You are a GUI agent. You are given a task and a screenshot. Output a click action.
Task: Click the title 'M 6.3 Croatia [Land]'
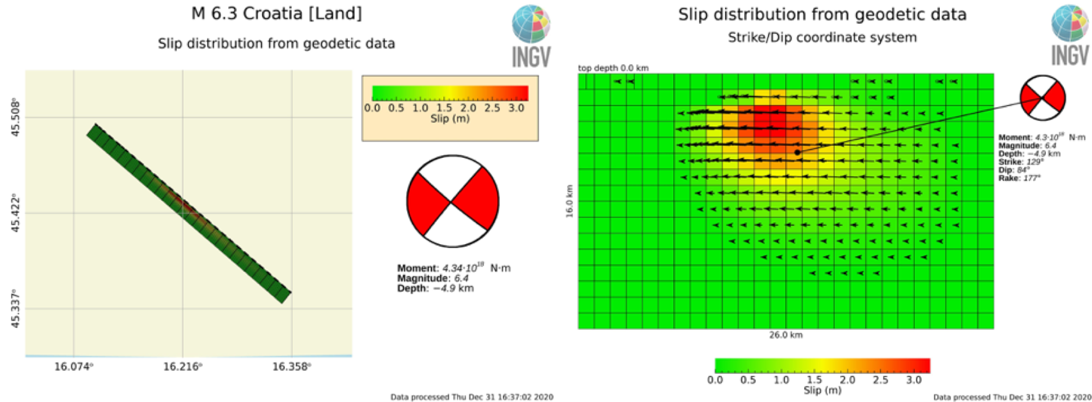click(276, 13)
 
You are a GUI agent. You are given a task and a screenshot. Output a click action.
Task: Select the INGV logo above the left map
click(531, 36)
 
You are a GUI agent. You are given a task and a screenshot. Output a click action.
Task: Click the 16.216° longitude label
click(183, 366)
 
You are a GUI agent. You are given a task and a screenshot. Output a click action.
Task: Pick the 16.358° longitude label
click(292, 366)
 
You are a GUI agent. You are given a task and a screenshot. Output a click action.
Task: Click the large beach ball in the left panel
click(453, 201)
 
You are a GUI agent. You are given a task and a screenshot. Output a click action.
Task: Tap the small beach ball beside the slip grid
click(1043, 98)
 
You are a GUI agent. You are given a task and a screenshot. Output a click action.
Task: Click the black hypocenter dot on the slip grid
click(797, 152)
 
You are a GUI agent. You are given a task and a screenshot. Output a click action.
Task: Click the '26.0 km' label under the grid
click(786, 335)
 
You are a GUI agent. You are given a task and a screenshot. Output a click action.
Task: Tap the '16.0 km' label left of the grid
click(569, 201)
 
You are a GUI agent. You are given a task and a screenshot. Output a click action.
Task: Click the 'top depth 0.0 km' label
click(613, 68)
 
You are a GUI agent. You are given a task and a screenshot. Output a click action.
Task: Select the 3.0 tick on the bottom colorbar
click(914, 380)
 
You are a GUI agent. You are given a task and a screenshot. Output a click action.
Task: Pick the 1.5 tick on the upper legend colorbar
click(444, 108)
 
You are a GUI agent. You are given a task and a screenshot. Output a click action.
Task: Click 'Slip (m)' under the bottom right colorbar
click(822, 390)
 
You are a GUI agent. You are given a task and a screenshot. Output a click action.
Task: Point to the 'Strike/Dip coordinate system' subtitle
click(822, 38)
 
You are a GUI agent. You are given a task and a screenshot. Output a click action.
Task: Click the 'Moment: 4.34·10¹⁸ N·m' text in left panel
click(453, 268)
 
